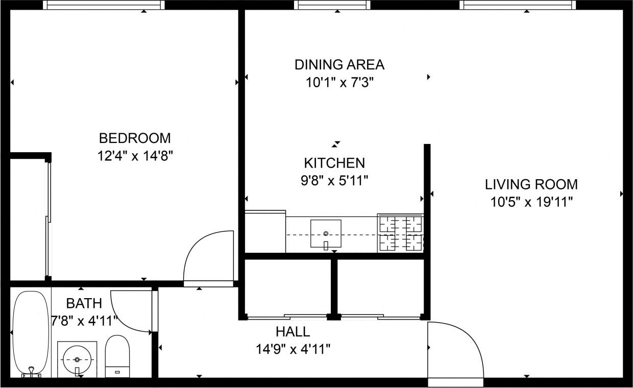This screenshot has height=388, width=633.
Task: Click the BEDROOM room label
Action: point(135,138)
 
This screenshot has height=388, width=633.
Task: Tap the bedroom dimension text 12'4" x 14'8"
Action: point(135,156)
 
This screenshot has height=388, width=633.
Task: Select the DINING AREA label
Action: point(339,65)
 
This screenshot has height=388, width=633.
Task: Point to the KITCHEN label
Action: point(334,163)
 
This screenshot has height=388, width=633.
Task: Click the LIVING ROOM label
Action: point(531,184)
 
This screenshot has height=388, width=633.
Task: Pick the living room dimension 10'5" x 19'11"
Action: point(531,202)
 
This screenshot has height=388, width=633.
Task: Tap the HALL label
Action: point(293,332)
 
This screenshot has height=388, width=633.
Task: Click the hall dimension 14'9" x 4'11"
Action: point(293,349)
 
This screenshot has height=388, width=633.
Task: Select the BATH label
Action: point(84,304)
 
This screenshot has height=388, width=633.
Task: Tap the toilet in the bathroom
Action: point(117,356)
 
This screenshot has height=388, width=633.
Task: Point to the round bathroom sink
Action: point(77,359)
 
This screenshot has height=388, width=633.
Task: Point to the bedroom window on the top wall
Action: point(104,5)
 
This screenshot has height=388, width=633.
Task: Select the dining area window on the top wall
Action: point(332,5)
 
